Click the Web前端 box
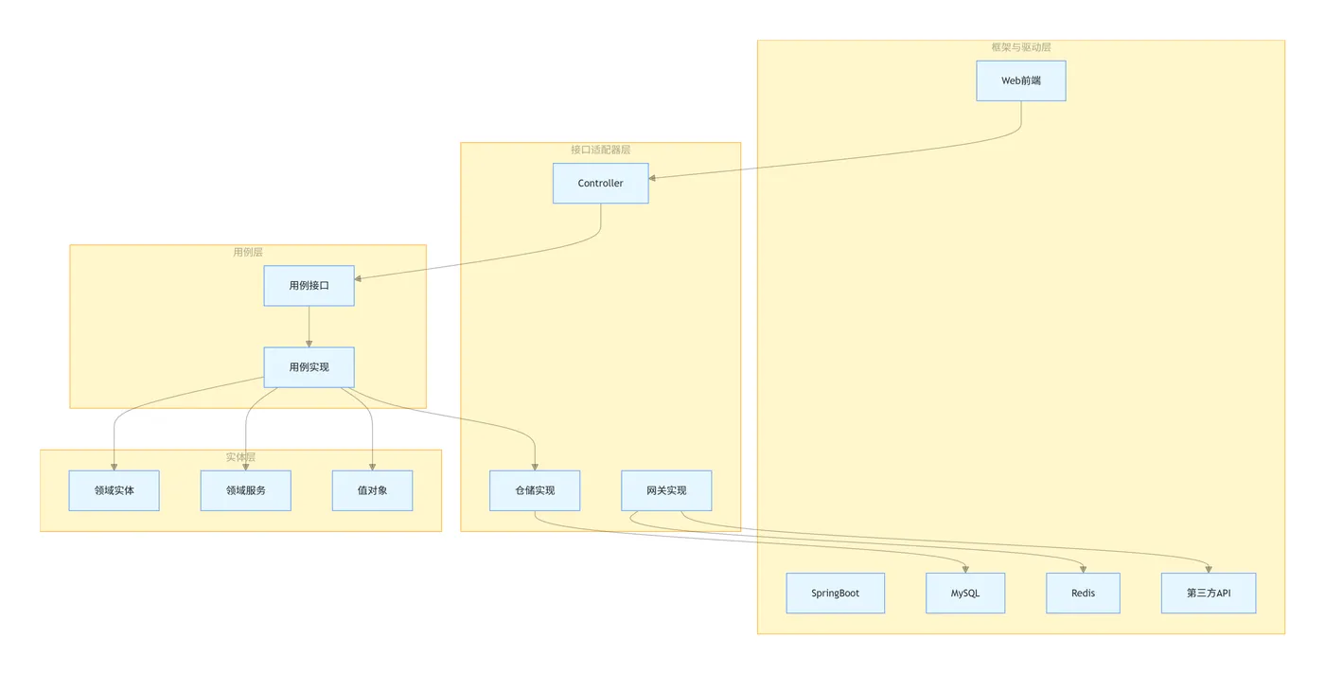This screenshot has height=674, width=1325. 1020,81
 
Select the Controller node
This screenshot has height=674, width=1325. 601,184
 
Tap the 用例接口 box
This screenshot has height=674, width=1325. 309,286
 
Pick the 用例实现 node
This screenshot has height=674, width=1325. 309,367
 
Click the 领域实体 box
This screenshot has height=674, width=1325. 114,490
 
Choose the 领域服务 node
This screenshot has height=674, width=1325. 245,490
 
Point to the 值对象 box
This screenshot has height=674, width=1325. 372,490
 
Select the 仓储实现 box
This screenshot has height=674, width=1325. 535,490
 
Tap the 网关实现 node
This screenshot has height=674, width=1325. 666,490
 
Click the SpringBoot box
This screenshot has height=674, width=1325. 836,594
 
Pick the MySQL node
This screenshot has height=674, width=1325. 965,594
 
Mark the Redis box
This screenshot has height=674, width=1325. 1083,594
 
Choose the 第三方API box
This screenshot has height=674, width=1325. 1209,594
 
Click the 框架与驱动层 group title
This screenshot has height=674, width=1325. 1020,47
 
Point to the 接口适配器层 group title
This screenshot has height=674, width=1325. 600,150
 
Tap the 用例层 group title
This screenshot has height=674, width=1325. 248,253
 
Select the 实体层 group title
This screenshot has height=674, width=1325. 240,457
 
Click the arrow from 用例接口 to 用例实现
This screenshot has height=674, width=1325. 309,327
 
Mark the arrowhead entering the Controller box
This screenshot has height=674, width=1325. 653,177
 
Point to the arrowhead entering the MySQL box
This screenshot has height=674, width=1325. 965,569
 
